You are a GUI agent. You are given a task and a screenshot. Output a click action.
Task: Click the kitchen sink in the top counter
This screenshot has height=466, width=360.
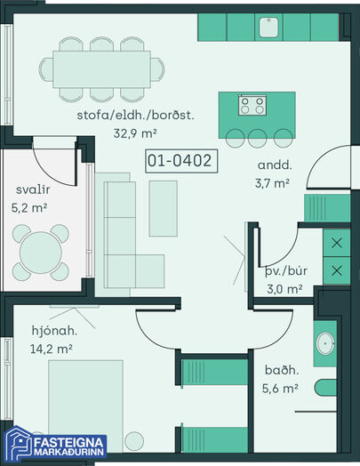[x=268, y=28]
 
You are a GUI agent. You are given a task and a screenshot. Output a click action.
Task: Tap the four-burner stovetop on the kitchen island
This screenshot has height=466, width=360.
[x=252, y=105]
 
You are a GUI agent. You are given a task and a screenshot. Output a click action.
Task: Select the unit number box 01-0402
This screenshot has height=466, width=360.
[x=181, y=161]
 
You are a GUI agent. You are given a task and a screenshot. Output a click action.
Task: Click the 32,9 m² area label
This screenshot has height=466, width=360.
[x=135, y=133]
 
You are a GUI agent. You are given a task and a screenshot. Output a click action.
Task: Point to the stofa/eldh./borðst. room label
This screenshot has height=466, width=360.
[x=135, y=116]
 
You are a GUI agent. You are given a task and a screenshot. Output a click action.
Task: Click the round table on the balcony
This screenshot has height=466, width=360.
[x=41, y=253]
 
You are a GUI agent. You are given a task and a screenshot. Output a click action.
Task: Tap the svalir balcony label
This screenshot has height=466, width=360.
[x=33, y=189]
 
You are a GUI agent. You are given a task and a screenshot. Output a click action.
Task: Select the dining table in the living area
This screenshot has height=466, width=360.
[x=102, y=69]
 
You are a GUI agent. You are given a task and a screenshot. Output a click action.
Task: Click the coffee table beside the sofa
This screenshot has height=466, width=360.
[x=164, y=208]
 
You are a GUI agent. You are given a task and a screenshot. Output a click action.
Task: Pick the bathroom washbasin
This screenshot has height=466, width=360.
[x=325, y=343]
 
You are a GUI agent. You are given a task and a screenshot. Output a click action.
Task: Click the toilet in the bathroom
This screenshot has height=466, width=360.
[x=325, y=388]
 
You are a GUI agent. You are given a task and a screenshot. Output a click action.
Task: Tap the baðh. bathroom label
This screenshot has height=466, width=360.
[x=282, y=370]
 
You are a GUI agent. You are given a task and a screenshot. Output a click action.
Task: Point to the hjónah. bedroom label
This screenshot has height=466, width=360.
[x=54, y=331]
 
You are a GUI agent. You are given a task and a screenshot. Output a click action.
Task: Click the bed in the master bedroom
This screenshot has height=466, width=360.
[x=85, y=406]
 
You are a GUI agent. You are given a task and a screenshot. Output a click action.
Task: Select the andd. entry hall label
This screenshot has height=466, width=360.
[x=275, y=165]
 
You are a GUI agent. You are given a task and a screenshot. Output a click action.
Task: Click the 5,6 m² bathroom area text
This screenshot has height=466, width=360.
[x=280, y=388]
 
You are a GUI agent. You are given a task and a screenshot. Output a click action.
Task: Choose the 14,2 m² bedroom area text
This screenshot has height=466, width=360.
[x=52, y=349]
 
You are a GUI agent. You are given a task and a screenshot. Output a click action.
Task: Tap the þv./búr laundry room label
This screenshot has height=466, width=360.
[x=285, y=271]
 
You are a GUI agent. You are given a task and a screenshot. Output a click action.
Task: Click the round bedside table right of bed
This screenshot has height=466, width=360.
[x=134, y=441]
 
